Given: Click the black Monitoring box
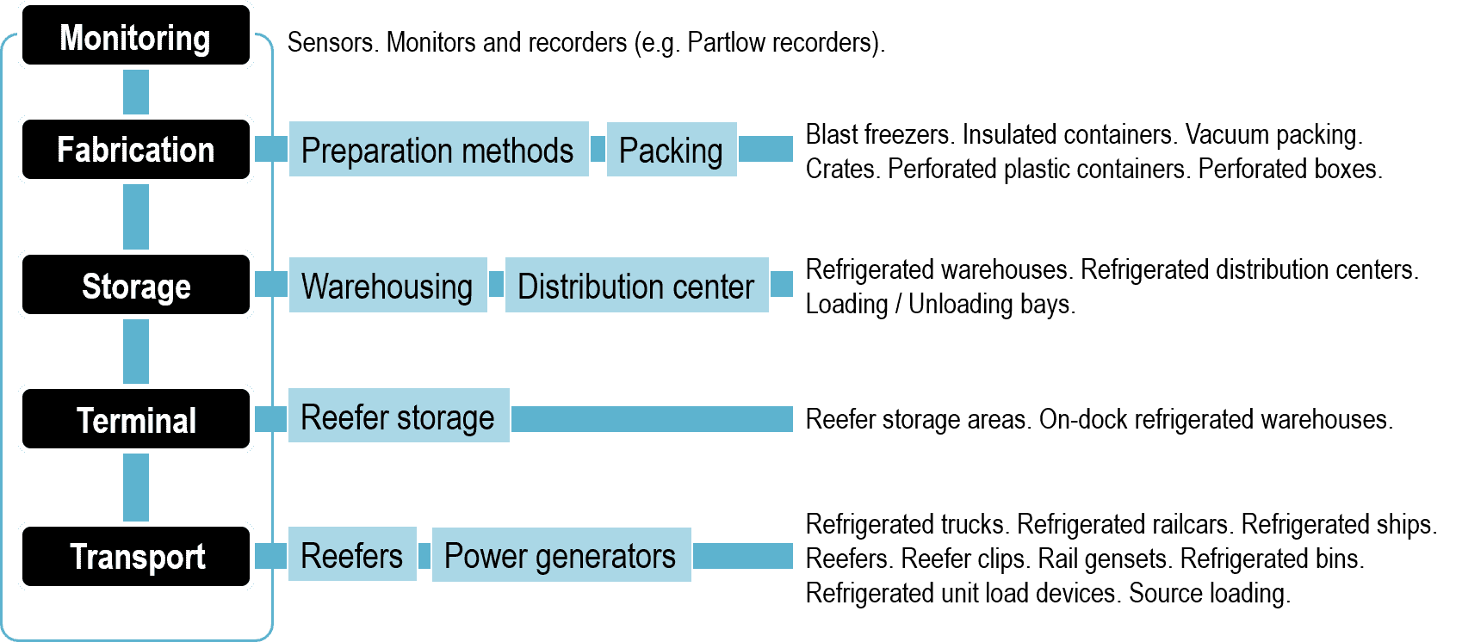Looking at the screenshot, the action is (136, 35).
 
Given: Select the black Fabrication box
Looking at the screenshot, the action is (136, 150).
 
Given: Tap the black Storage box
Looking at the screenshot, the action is (136, 285).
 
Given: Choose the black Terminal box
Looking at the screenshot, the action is (136, 419).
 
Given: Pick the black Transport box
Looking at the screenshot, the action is (136, 557).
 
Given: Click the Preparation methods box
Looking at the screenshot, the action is (438, 150).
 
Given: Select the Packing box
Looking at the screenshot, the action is (672, 150).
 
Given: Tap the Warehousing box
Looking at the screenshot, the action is (387, 285).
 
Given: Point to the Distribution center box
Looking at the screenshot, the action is (636, 285).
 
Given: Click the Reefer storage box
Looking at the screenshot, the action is (399, 416).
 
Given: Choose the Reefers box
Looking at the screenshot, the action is (352, 554).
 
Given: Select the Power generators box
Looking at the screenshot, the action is (561, 555).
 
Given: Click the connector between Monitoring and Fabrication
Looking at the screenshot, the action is (136, 92).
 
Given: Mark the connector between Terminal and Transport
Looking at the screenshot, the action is (136, 488).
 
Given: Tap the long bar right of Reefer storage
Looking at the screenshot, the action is (652, 419).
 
